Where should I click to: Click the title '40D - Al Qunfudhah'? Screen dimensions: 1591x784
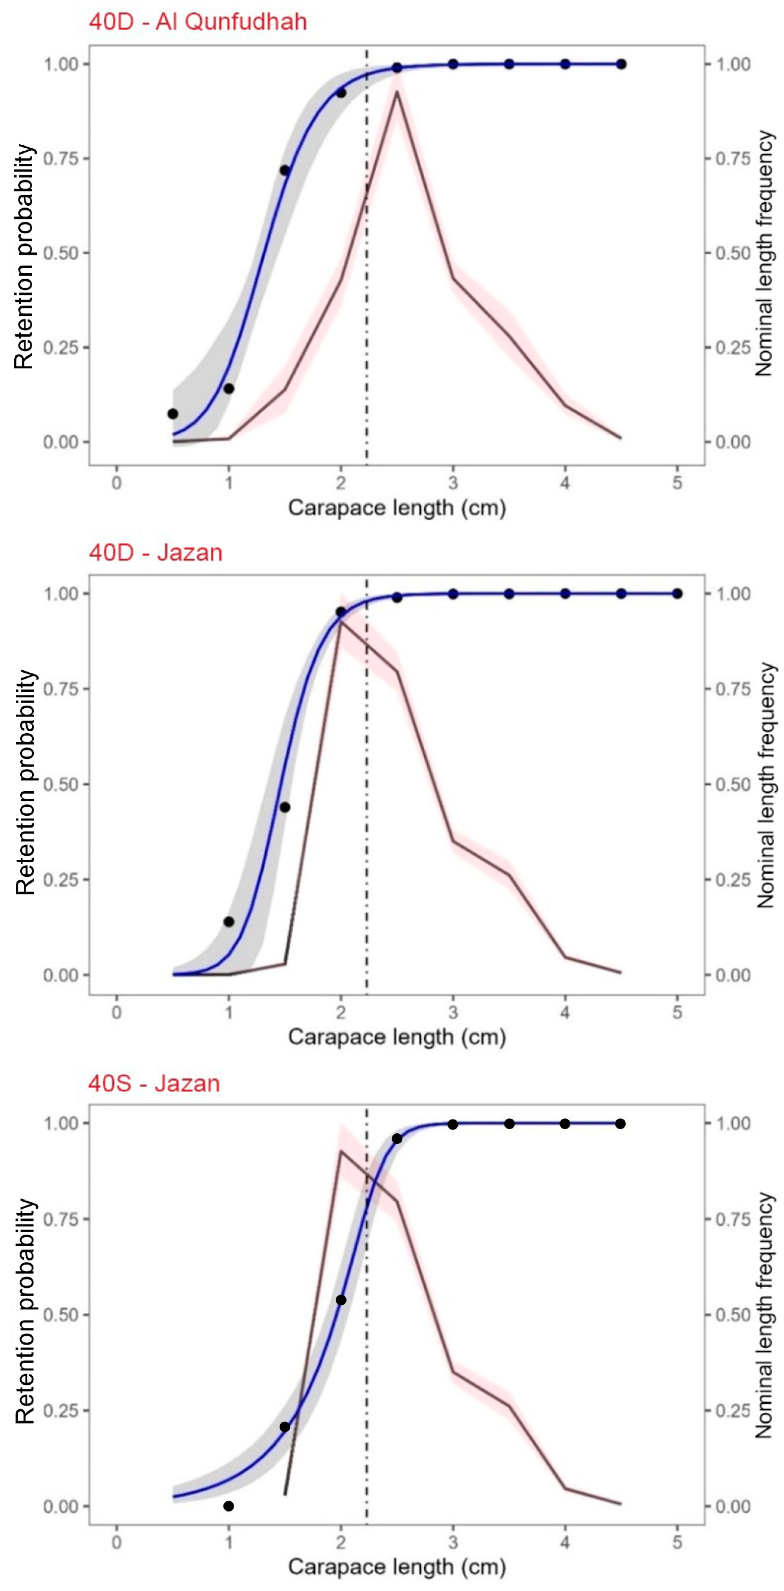tap(198, 22)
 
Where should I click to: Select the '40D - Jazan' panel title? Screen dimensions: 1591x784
tap(155, 552)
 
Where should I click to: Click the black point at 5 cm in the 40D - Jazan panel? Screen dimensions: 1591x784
tap(677, 593)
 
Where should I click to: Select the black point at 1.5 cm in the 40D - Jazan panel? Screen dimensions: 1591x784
tap(285, 807)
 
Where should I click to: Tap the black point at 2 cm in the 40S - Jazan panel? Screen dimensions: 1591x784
tap(340, 1300)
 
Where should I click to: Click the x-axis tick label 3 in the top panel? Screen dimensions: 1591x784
tap(453, 482)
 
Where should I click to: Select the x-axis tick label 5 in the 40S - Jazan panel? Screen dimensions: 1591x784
tap(677, 1542)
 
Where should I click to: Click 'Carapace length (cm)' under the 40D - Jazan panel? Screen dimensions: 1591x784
tap(397, 1036)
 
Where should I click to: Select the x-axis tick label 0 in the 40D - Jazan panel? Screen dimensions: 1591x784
tap(117, 1012)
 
